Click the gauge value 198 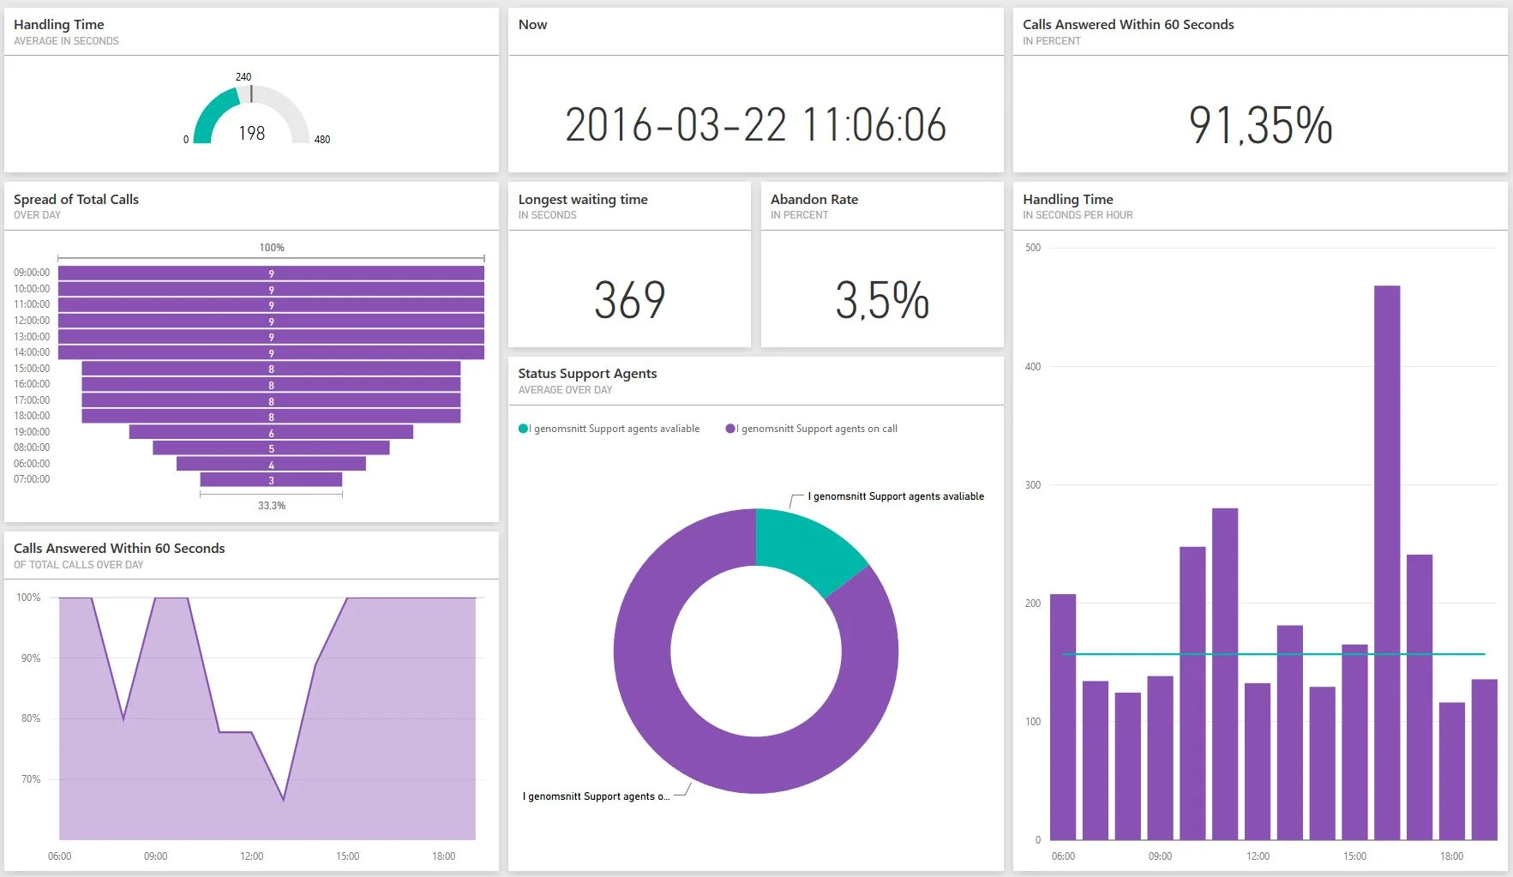pyautogui.click(x=251, y=133)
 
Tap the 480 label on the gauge pyautogui.click(x=321, y=139)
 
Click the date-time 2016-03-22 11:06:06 pyautogui.click(x=755, y=125)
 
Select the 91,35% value pyautogui.click(x=1259, y=125)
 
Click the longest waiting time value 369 pyautogui.click(x=629, y=300)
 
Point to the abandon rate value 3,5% pyautogui.click(x=881, y=300)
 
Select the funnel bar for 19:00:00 pyautogui.click(x=271, y=432)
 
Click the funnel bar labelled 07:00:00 pyautogui.click(x=271, y=480)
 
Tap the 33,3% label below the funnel pyautogui.click(x=271, y=506)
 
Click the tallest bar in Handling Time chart pyautogui.click(x=1386, y=557)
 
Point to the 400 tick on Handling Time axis pyautogui.click(x=1032, y=367)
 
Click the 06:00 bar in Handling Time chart pyautogui.click(x=1062, y=716)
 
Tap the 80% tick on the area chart pyautogui.click(x=30, y=718)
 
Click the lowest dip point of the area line pyautogui.click(x=284, y=800)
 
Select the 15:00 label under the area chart pyautogui.click(x=347, y=856)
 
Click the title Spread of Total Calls pyautogui.click(x=75, y=199)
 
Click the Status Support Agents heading pyautogui.click(x=587, y=374)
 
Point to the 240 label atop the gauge pyautogui.click(x=243, y=77)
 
